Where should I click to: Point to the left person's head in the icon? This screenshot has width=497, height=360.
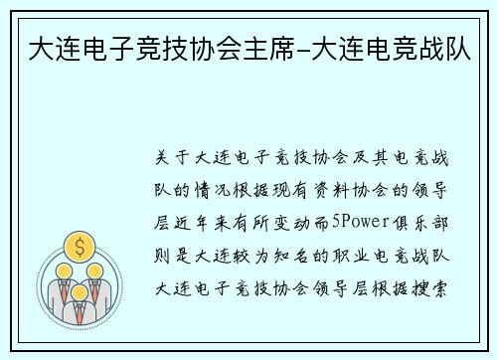(62, 270)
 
